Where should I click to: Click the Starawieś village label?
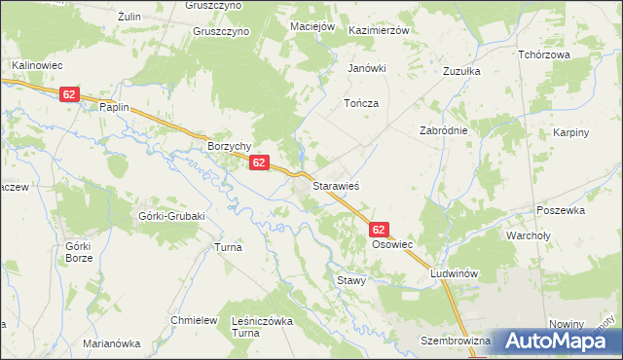[337, 183]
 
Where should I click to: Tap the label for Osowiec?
[393, 246]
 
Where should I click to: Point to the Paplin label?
[114, 108]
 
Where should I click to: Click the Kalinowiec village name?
[37, 65]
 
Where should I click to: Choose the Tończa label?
[360, 103]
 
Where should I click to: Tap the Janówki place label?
[368, 68]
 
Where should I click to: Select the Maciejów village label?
[312, 25]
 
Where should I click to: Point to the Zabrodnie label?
[444, 130]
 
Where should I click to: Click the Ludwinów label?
[458, 274]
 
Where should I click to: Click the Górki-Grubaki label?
[172, 216]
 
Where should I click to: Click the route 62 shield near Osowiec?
[380, 230]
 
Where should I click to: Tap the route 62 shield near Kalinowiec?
[68, 94]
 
